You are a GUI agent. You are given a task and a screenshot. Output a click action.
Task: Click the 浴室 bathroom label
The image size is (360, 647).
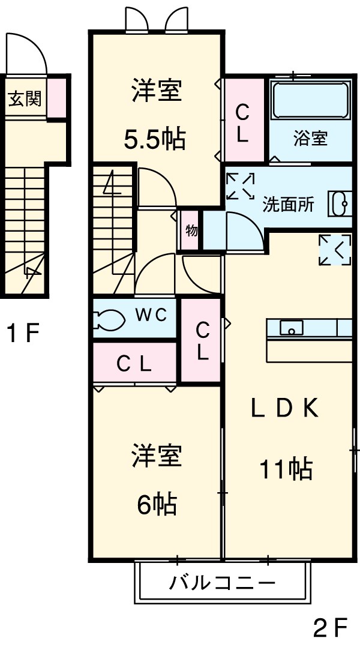click(310, 139)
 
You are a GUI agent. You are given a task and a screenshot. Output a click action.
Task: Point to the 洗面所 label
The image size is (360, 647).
click(289, 204)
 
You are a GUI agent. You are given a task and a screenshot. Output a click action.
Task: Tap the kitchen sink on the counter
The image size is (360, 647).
click(292, 328)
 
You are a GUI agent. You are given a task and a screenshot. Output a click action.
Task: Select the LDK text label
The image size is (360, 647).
click(283, 409)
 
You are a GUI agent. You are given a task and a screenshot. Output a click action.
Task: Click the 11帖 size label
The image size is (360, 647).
click(286, 468)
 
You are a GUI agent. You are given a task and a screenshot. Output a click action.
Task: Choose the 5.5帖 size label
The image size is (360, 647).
click(154, 140)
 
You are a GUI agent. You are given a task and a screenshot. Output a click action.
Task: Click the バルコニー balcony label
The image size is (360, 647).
click(221, 582)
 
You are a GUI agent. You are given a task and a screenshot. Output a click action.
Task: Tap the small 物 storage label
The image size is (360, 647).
click(191, 231)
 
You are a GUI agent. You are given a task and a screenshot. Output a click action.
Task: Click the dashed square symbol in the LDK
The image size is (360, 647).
click(334, 249)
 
